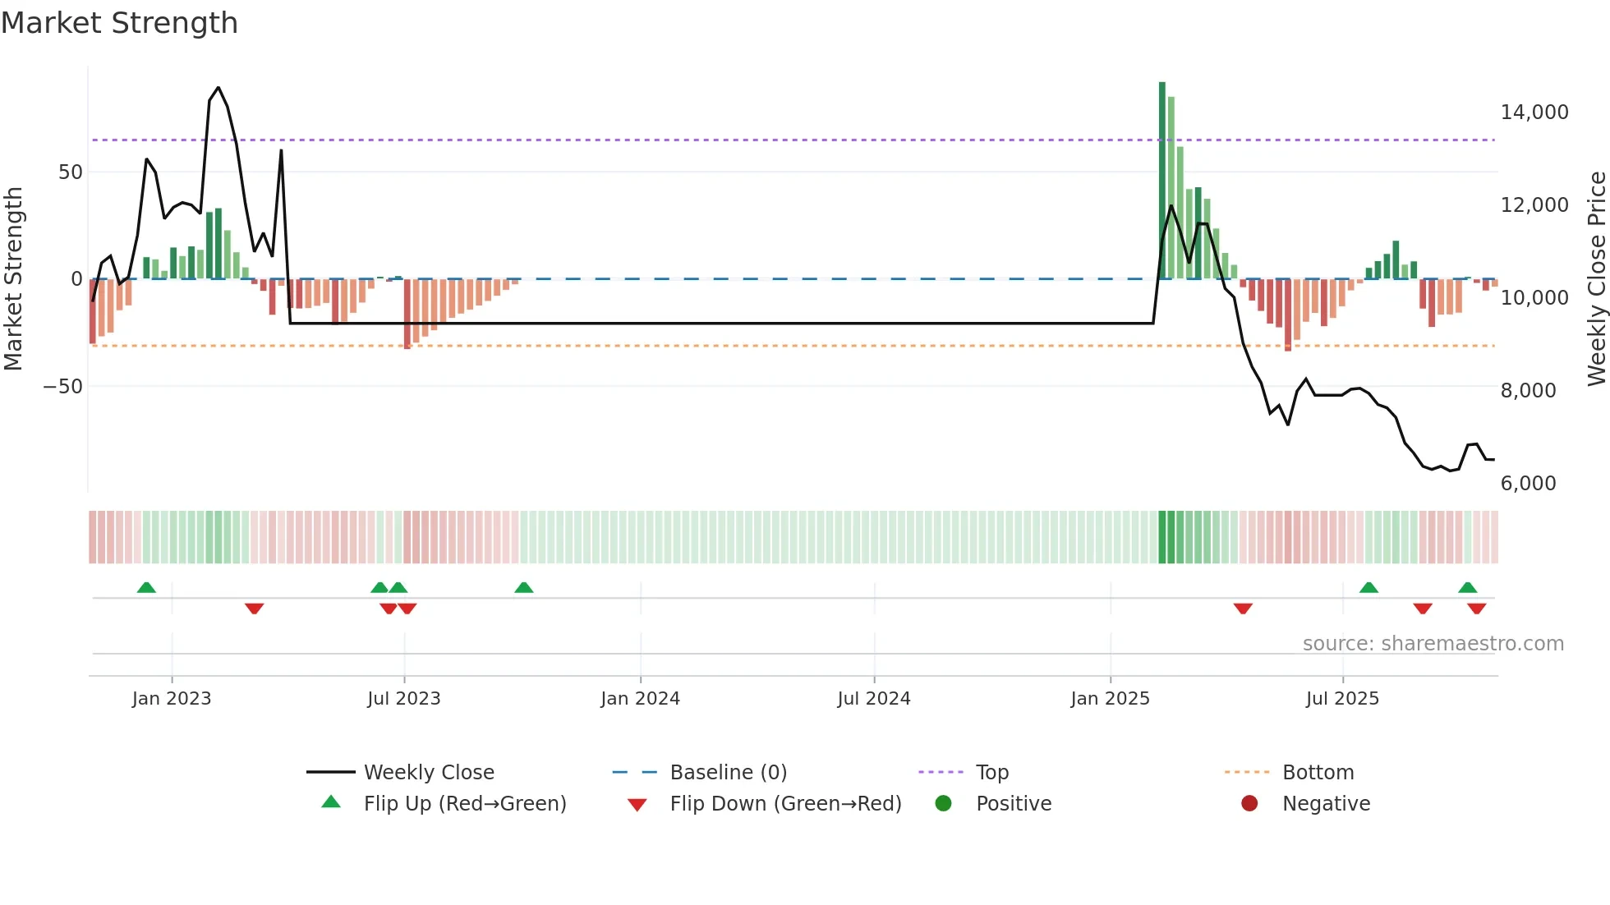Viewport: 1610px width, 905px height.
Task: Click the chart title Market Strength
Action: (119, 23)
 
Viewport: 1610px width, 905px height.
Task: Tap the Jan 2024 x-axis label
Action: (640, 699)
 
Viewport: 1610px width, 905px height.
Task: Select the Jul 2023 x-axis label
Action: (403, 699)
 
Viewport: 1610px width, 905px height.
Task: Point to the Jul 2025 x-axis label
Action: (1342, 699)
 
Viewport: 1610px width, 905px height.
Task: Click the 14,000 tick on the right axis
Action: (1534, 113)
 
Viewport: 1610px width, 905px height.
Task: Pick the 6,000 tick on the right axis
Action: (1528, 484)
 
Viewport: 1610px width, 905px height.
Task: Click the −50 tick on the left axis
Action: (63, 387)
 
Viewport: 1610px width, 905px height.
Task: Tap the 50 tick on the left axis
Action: (71, 172)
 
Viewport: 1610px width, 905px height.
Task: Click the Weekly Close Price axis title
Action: (1596, 278)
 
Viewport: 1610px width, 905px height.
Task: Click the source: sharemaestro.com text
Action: (1433, 644)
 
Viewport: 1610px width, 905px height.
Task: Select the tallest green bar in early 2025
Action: (1162, 181)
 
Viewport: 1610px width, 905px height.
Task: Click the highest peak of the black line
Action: (218, 88)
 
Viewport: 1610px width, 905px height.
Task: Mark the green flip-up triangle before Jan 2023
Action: (146, 587)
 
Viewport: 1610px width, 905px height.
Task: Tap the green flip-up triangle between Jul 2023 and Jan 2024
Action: (523, 587)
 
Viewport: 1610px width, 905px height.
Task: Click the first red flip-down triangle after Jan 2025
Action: (1243, 609)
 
